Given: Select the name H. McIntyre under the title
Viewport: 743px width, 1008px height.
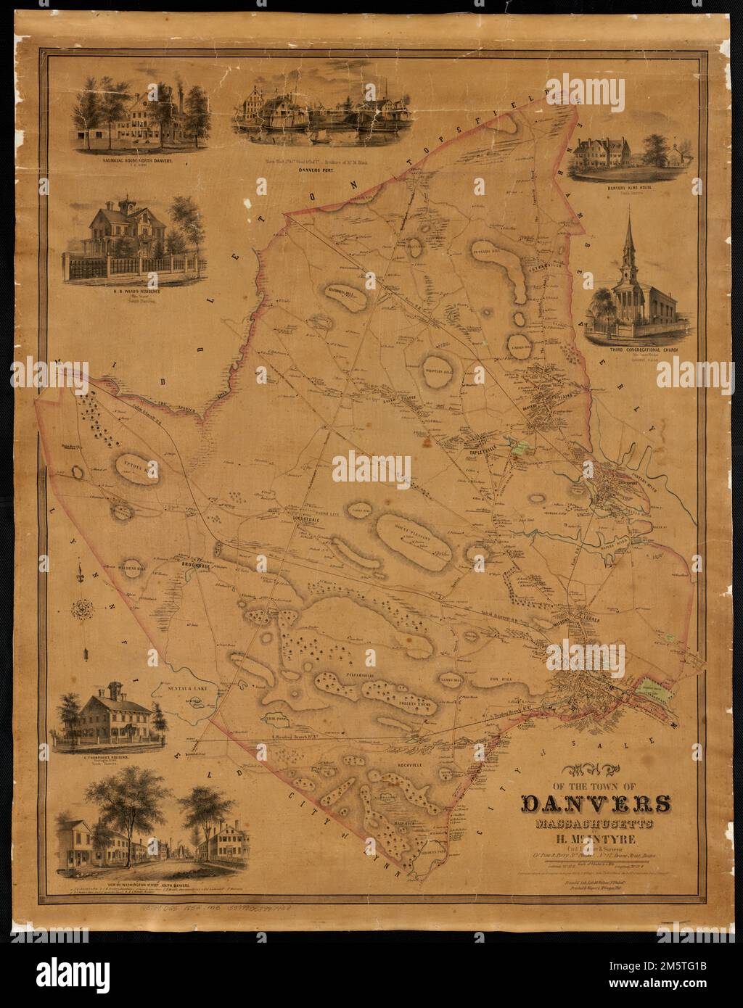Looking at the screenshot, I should [x=596, y=840].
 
